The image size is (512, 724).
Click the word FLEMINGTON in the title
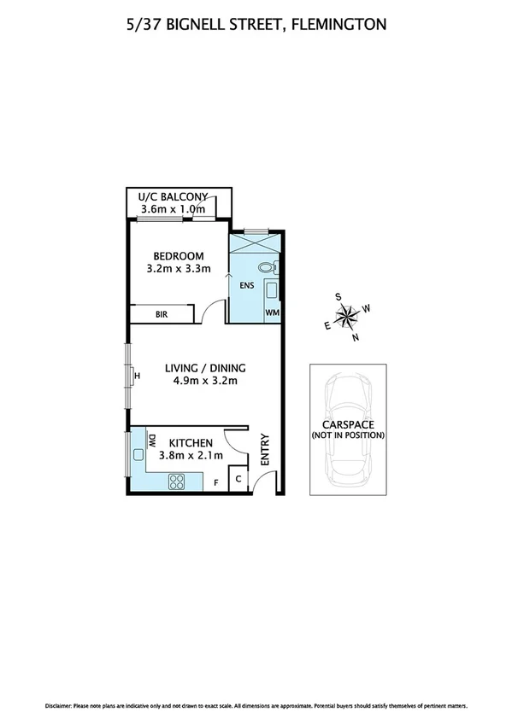click(338, 25)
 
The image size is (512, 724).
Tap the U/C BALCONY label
click(179, 197)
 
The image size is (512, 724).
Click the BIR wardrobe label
click(161, 315)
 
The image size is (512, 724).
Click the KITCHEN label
click(190, 443)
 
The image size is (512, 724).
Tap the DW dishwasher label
click(151, 442)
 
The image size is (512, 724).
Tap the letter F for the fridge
click(215, 484)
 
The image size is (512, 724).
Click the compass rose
click(347, 317)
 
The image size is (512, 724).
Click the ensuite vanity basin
click(271, 290)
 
